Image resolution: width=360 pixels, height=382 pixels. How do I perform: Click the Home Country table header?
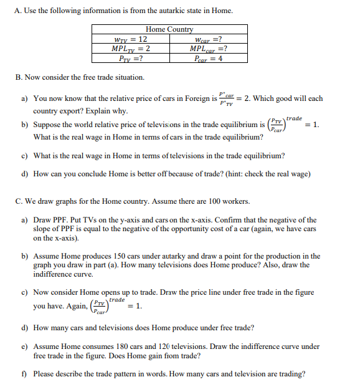(169, 29)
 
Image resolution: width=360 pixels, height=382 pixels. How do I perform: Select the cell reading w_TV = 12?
(130, 39)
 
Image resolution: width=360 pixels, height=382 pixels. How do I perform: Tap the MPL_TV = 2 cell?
(130, 49)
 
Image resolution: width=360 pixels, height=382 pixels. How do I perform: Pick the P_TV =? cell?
(130, 59)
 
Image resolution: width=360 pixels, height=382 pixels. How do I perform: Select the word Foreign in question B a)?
(197, 98)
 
